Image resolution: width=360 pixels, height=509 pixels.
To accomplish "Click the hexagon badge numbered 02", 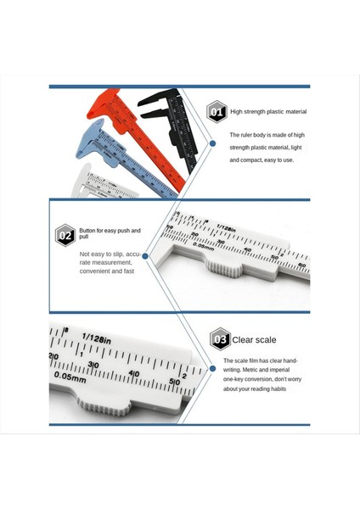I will (65, 233).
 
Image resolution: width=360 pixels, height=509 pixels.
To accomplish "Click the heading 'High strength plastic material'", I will (268, 111).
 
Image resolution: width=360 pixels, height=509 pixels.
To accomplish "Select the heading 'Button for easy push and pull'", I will (111, 233).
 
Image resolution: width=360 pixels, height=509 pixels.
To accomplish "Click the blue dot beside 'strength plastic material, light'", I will (211, 146).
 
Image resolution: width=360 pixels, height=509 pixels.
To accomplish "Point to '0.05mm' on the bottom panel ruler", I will (70, 376).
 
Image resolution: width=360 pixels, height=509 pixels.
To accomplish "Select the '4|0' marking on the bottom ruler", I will (135, 373).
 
